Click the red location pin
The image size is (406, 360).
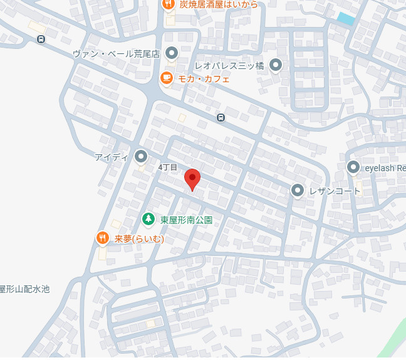(x=192, y=179)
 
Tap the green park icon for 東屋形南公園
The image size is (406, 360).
(x=148, y=219)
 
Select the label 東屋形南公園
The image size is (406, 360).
(x=186, y=220)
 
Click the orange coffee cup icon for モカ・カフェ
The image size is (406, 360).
(x=166, y=78)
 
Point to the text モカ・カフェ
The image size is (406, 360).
(x=204, y=79)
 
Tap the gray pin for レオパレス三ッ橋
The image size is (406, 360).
(x=276, y=65)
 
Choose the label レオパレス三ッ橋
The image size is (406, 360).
(x=229, y=65)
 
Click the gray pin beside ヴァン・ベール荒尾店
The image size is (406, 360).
(x=170, y=53)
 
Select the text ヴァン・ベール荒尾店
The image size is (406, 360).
(x=117, y=54)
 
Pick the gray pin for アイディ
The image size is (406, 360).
(x=141, y=156)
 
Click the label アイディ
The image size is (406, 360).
(x=112, y=157)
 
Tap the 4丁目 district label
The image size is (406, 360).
(x=168, y=167)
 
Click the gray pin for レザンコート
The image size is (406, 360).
(x=297, y=190)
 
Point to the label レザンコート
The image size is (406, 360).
(x=335, y=191)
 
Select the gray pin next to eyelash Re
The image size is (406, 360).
(x=353, y=167)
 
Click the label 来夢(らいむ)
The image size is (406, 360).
(x=139, y=239)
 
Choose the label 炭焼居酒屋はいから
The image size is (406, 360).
(x=219, y=4)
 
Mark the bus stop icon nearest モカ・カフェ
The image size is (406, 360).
(x=221, y=117)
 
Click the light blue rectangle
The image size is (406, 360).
(x=345, y=19)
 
